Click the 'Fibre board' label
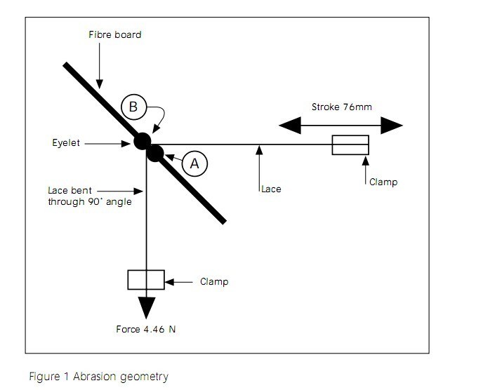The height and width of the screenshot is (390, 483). (114, 34)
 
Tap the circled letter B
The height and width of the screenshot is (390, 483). (133, 107)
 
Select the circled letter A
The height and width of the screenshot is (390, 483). (195, 163)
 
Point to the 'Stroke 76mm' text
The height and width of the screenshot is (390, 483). (341, 107)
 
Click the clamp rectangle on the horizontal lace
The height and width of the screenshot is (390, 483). (350, 145)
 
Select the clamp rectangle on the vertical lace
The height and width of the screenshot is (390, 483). (146, 279)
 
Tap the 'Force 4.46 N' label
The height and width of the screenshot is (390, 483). (145, 329)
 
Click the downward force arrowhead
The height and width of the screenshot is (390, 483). (146, 307)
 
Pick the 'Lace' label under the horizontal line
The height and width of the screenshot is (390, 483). (271, 189)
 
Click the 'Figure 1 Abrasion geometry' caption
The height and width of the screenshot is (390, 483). (98, 377)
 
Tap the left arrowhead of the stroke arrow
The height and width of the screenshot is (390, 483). (290, 126)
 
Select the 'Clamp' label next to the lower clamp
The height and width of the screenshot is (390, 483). (214, 282)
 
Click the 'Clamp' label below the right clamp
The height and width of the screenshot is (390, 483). (383, 182)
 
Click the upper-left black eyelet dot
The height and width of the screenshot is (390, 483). (143, 141)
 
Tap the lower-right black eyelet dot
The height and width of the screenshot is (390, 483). (155, 152)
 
